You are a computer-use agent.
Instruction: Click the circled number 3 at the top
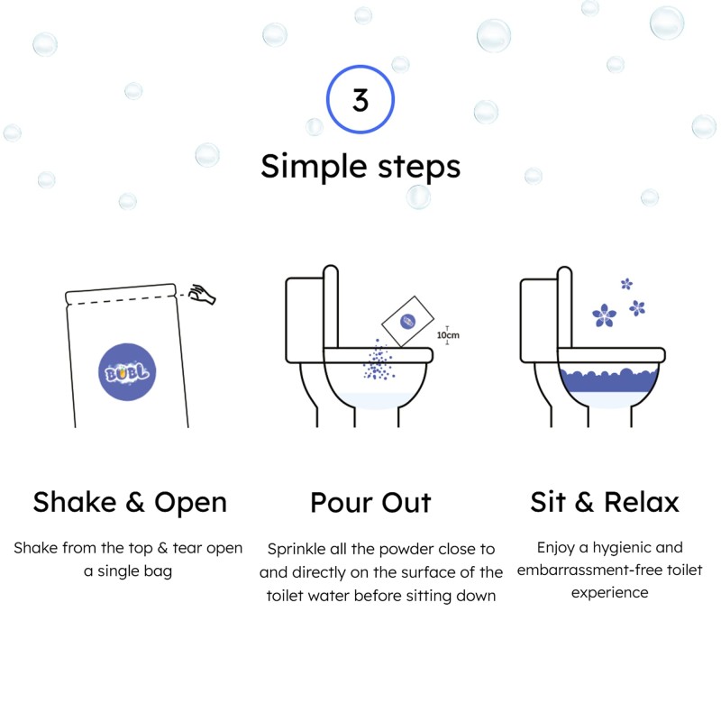[x=360, y=100]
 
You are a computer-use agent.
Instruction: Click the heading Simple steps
[x=360, y=166]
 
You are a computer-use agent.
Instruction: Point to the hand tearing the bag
[x=203, y=294]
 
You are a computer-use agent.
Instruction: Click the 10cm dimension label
[x=448, y=335]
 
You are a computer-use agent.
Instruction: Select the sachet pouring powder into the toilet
[x=406, y=322]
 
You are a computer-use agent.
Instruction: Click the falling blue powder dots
[x=379, y=362]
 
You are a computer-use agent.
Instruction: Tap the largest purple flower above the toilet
[x=604, y=314]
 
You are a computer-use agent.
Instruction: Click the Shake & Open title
[x=130, y=502]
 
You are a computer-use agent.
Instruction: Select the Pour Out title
[x=370, y=502]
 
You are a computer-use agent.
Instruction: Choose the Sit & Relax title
[x=605, y=502]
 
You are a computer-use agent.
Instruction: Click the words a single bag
[x=127, y=571]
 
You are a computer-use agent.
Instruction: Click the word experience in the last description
[x=609, y=593]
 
